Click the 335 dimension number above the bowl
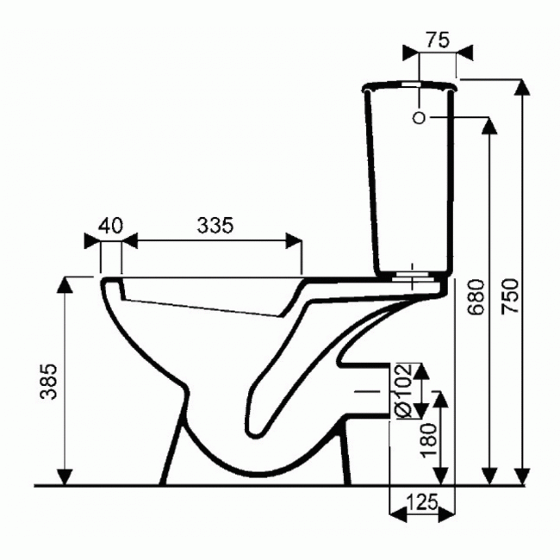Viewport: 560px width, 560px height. coord(215,226)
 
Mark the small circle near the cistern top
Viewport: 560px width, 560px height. coord(418,118)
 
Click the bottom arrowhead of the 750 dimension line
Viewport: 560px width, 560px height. coord(520,476)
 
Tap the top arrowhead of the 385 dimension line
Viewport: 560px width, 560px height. coord(65,285)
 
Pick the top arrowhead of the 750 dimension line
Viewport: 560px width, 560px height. coord(520,86)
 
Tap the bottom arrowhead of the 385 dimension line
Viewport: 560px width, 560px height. coord(65,476)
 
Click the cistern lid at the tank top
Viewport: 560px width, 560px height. coord(409,85)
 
